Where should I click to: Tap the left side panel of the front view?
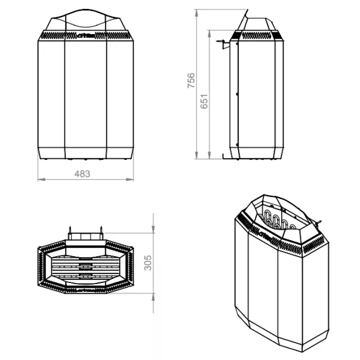click(x=51, y=96)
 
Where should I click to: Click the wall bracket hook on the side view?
click(x=221, y=43)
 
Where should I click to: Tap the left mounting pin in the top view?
click(x=71, y=230)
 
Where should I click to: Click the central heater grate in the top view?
click(x=84, y=264)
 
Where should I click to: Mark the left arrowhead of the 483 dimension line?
click(x=39, y=179)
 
